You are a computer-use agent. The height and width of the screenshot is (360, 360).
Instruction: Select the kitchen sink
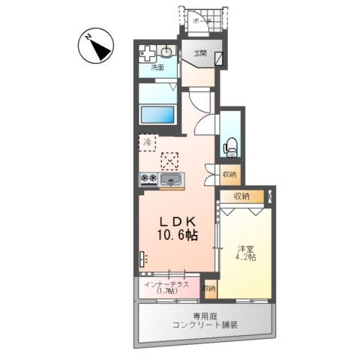[172, 180]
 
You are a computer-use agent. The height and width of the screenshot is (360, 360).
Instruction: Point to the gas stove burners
[148, 178]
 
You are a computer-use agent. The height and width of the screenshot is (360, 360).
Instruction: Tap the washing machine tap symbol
[147, 55]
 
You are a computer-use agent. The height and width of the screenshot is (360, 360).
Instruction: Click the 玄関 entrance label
[199, 54]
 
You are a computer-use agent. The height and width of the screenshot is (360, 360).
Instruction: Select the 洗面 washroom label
[157, 67]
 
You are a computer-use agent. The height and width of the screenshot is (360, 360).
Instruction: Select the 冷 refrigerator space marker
[148, 140]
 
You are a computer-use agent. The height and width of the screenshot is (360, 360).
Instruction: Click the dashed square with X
[171, 160]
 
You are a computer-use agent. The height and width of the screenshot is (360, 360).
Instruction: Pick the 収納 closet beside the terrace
[208, 287]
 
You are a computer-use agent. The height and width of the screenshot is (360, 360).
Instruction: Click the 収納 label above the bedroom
[240, 196]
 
